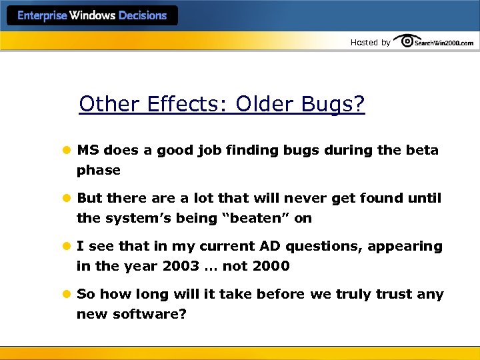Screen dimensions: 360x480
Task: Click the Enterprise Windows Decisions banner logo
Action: point(92,15)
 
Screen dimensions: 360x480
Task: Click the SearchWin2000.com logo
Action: point(434,42)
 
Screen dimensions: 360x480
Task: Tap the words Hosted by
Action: point(371,43)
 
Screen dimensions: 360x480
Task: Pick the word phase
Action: point(99,171)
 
